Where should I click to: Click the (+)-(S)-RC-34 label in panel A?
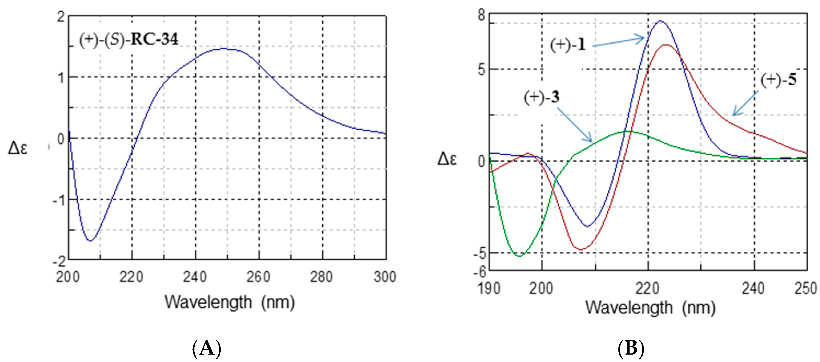129,40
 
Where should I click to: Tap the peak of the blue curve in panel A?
224,49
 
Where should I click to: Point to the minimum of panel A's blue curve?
91,241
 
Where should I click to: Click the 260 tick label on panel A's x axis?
258,277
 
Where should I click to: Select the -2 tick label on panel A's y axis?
59,261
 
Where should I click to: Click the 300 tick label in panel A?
385,277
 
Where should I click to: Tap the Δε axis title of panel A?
18,148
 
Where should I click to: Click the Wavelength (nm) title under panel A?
230,302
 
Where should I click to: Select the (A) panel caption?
207,348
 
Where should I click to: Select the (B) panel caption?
631,348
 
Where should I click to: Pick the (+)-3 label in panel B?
542,97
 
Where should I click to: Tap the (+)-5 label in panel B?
779,80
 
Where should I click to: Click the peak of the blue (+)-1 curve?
660,21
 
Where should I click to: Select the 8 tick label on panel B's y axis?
482,15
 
